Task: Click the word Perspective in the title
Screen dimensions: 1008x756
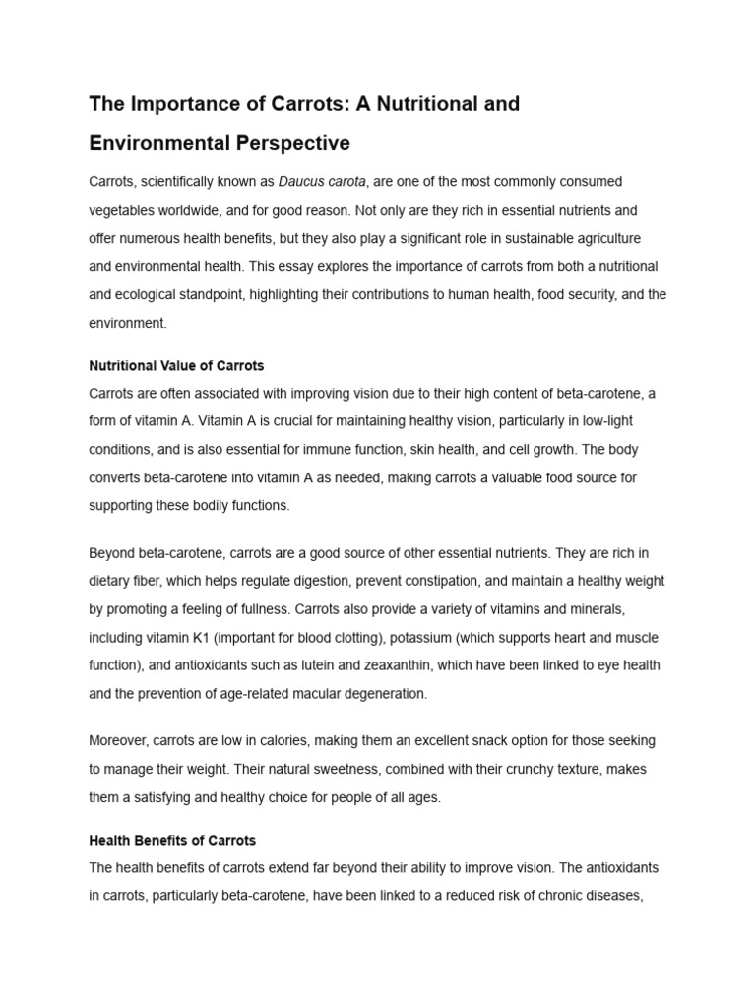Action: point(292,143)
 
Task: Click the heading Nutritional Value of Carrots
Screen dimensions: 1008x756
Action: point(177,365)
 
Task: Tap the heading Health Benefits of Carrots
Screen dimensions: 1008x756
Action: point(172,840)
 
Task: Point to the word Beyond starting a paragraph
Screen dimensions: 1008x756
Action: point(111,552)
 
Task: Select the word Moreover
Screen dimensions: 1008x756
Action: point(117,740)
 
